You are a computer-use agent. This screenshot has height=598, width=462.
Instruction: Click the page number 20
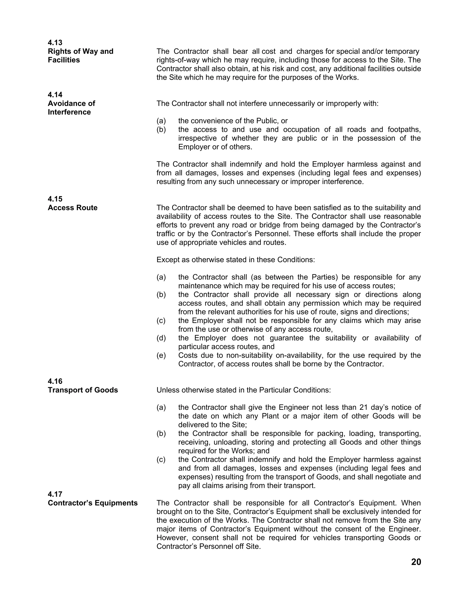click(x=416, y=562)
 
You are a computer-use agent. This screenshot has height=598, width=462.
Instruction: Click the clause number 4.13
click(x=55, y=42)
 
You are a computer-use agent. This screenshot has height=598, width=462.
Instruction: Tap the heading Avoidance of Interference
click(x=71, y=108)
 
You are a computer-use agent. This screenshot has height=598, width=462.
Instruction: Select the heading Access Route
click(x=73, y=208)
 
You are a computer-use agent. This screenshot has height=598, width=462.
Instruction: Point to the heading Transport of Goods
click(x=83, y=390)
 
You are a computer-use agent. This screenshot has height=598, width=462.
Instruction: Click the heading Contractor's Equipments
click(x=92, y=503)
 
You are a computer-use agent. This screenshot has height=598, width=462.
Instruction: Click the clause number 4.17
click(x=55, y=494)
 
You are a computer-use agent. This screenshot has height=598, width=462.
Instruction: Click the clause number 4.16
click(x=55, y=381)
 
